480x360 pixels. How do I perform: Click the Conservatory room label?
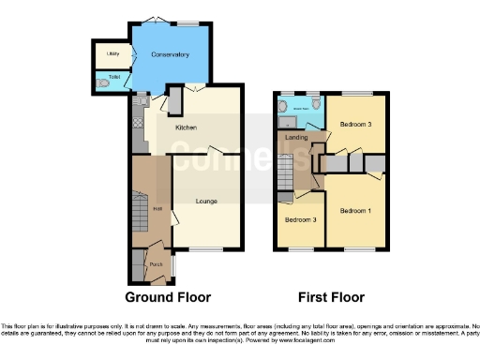pos(171,55)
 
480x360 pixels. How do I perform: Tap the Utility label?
pos(112,55)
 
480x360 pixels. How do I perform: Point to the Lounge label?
pos(206,201)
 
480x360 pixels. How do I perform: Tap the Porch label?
pos(142,265)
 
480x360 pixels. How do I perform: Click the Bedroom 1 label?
pos(355,212)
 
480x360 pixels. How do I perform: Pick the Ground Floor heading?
pos(175,297)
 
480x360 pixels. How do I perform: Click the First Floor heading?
pos(331,297)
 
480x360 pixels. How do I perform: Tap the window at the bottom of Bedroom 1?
pos(360,249)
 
